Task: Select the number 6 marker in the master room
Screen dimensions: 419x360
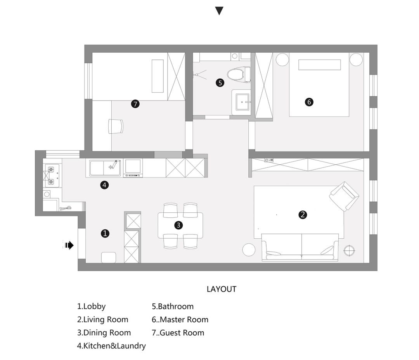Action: click(x=309, y=102)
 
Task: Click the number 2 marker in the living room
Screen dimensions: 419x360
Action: click(x=303, y=215)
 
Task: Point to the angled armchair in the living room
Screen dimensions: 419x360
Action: click(x=344, y=196)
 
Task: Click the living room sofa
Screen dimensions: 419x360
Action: click(x=300, y=247)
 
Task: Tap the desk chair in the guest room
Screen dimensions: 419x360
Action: click(x=116, y=126)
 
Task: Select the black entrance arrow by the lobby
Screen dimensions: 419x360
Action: click(x=69, y=245)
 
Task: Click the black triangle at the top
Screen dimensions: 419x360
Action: click(x=219, y=11)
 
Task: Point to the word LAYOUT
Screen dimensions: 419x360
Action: click(x=222, y=289)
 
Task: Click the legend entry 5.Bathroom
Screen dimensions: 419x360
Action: click(x=173, y=307)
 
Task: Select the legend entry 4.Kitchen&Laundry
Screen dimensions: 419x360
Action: click(x=111, y=346)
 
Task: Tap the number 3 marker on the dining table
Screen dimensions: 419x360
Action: click(x=178, y=225)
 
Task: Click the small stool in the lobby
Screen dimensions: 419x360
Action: click(x=109, y=258)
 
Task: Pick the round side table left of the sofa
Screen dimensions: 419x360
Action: click(x=249, y=250)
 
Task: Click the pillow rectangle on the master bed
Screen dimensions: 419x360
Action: click(x=319, y=65)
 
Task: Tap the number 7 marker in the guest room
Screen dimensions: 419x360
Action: click(x=135, y=104)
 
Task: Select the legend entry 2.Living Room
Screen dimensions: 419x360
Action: click(x=102, y=320)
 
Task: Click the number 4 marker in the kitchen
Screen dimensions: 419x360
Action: click(x=104, y=185)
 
